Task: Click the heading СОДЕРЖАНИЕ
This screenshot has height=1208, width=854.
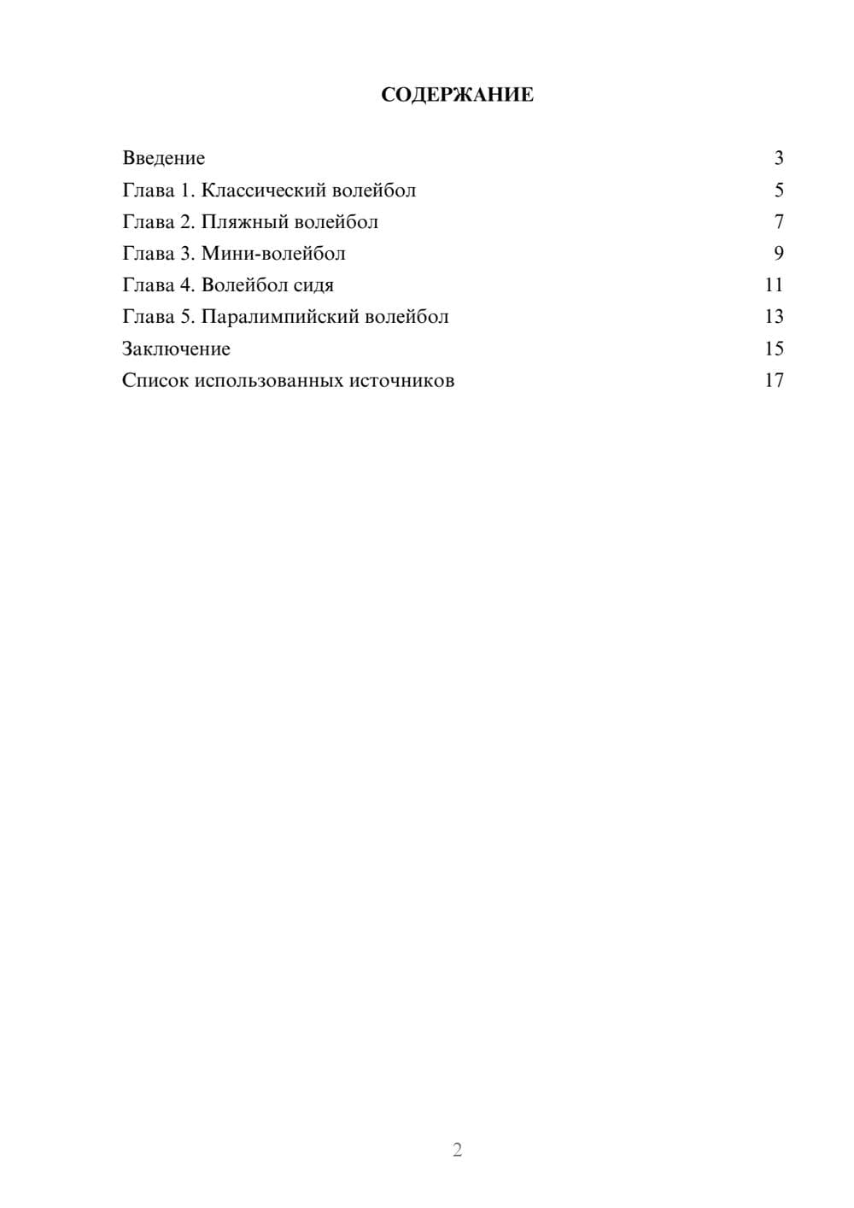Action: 457,95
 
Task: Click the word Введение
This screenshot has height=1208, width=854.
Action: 164,158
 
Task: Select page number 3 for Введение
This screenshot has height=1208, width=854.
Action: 779,158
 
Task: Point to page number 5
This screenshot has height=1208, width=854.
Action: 779,190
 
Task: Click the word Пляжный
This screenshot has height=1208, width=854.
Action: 244,222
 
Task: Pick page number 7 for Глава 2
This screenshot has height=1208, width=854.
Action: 779,222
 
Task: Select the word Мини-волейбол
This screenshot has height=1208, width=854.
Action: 273,254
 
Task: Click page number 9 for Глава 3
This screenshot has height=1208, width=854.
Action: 779,254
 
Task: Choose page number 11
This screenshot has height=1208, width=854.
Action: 774,285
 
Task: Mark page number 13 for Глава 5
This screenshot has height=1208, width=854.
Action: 774,317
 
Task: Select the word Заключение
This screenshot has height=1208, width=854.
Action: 176,349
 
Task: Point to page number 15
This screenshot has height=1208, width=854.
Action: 774,349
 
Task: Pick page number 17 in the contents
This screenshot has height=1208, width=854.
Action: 774,380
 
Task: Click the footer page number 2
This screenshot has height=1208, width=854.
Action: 457,1150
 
